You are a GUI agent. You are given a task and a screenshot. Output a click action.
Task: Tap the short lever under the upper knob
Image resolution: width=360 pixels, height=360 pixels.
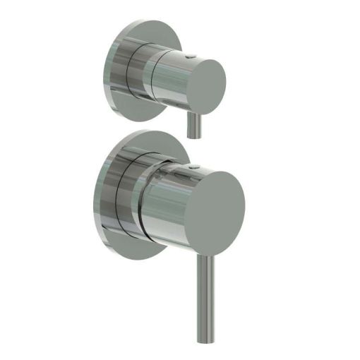pyautogui.click(x=191, y=127)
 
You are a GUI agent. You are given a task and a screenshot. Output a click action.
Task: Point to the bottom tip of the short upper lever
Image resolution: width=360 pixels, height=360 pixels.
pyautogui.click(x=191, y=138)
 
